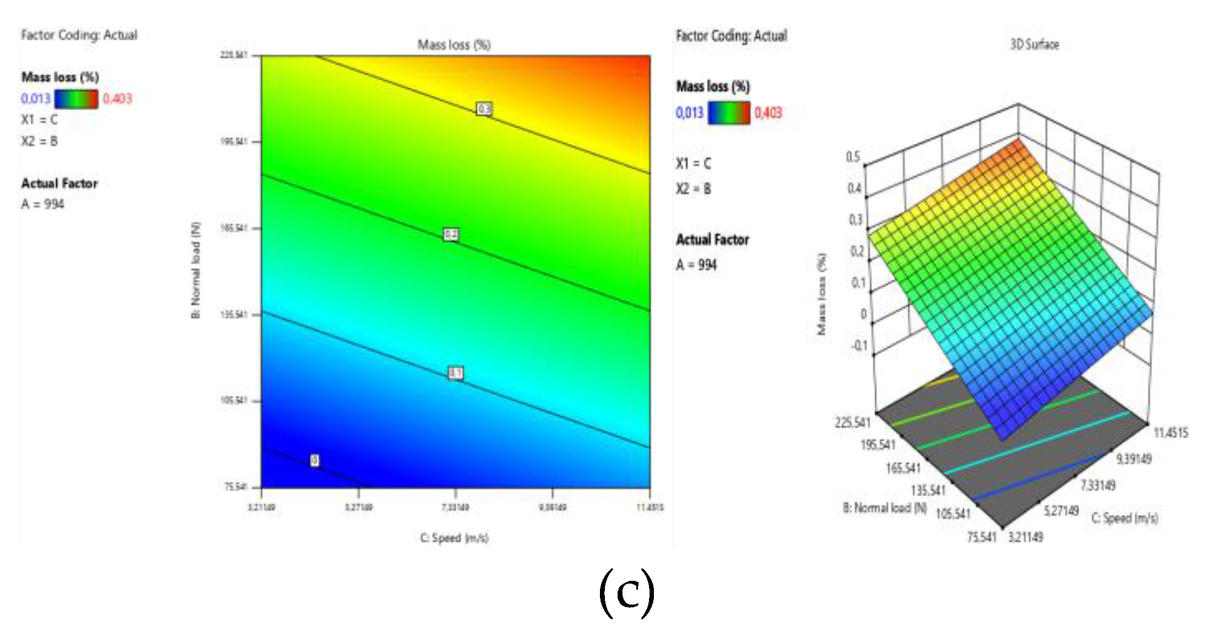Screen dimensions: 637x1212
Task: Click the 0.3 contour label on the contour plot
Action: [484, 109]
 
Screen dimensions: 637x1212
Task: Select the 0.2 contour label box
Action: [451, 235]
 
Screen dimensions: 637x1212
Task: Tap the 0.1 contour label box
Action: [456, 373]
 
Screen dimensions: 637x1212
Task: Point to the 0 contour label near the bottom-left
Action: [315, 460]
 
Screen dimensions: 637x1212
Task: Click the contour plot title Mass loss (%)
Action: [454, 45]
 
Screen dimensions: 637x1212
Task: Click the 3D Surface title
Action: [1034, 45]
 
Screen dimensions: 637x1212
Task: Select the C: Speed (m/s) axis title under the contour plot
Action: [454, 538]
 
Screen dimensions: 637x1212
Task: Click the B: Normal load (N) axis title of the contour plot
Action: [196, 270]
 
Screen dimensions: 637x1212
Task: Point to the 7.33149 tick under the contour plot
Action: [455, 507]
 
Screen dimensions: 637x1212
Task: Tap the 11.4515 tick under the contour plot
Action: [650, 507]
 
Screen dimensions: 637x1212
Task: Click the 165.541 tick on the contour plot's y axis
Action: [234, 228]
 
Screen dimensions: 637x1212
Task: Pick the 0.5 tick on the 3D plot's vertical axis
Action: [853, 157]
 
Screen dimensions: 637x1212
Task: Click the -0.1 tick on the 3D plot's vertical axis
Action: [859, 346]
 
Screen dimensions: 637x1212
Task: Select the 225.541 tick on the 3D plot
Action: [852, 422]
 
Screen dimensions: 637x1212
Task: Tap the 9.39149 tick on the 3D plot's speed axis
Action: [1134, 459]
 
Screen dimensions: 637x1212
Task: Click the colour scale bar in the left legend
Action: [77, 99]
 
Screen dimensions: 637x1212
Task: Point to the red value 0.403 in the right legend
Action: [768, 113]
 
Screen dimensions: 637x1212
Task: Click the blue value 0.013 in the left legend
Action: [36, 99]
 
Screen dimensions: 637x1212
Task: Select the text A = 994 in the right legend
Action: [696, 265]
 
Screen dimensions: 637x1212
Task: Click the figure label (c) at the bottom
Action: [627, 593]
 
